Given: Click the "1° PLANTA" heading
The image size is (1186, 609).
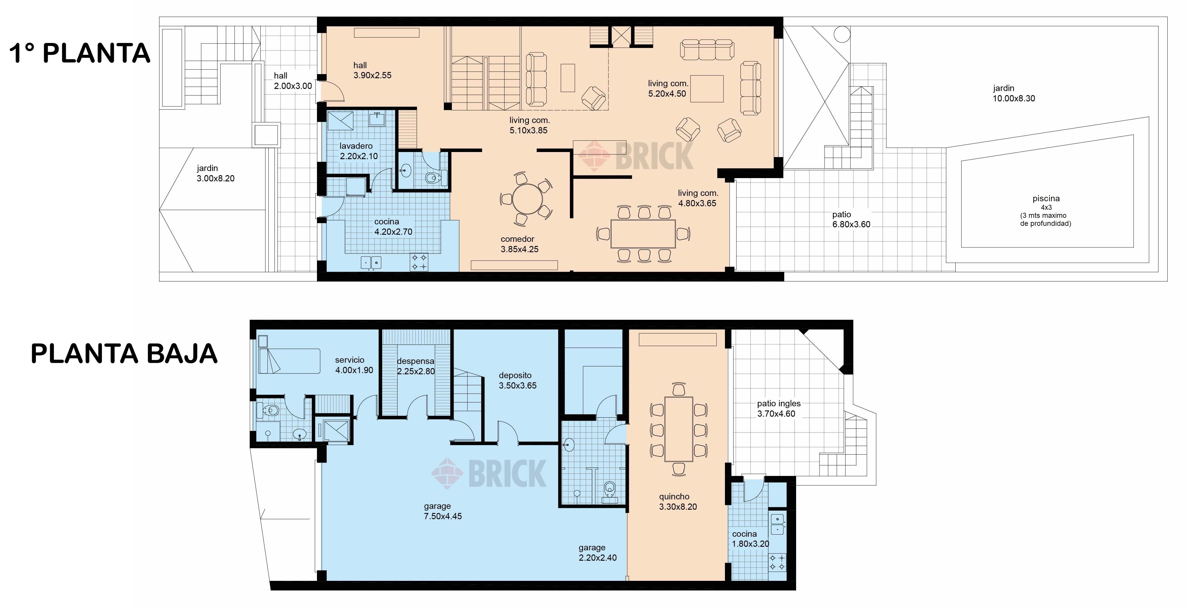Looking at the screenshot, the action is click(80, 53).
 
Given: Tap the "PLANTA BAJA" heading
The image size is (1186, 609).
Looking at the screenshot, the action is click(124, 354).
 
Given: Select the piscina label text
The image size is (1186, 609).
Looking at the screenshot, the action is click(1046, 198).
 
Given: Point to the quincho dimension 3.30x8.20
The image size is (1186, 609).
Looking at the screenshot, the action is click(678, 507).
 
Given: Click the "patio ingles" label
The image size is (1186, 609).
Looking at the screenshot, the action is click(779, 404).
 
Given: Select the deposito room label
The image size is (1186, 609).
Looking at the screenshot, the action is click(515, 375).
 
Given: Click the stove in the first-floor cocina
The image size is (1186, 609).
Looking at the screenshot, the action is click(419, 262).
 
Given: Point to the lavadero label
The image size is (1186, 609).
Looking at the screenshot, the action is click(356, 146).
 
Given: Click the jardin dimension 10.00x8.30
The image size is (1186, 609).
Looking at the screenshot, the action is click(1014, 98).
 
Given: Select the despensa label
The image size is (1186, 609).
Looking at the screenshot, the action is click(416, 361).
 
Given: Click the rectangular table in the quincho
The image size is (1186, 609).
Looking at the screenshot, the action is click(679, 429).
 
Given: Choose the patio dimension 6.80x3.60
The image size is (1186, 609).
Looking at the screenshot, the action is click(851, 225).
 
